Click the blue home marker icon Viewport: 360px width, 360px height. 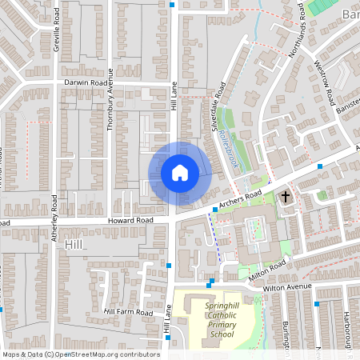point(180,173)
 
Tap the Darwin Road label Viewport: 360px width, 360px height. point(86,82)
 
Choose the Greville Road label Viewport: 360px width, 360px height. point(57,34)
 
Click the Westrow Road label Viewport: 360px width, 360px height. point(324,82)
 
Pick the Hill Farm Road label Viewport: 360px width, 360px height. point(127,312)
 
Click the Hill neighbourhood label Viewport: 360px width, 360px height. point(74,244)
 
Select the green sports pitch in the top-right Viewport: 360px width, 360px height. point(321,6)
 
